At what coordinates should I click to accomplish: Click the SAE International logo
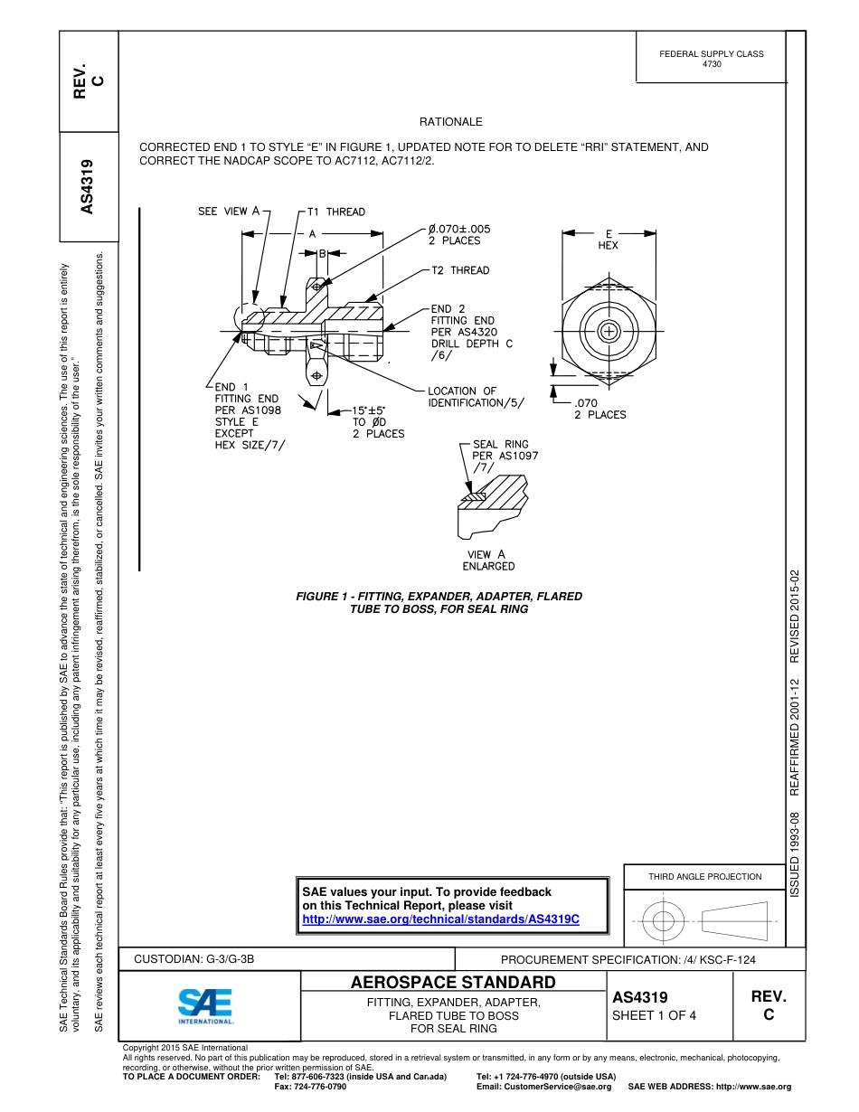(205, 1005)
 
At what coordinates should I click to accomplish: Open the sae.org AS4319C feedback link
(439, 918)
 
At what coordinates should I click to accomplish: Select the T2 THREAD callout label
(459, 270)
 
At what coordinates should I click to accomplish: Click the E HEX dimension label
(609, 240)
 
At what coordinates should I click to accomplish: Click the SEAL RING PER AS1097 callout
(505, 456)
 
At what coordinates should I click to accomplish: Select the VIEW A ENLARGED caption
(488, 561)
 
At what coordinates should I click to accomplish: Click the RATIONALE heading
(450, 122)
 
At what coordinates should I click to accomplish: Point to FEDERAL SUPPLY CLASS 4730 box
(712, 59)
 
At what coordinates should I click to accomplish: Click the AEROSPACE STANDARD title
(453, 983)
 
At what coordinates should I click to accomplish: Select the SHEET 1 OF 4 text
(654, 1014)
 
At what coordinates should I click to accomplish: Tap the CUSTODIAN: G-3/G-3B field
(194, 958)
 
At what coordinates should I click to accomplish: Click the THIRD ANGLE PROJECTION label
(704, 876)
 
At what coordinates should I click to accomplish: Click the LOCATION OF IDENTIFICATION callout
(476, 396)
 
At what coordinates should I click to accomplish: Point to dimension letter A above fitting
(312, 233)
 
